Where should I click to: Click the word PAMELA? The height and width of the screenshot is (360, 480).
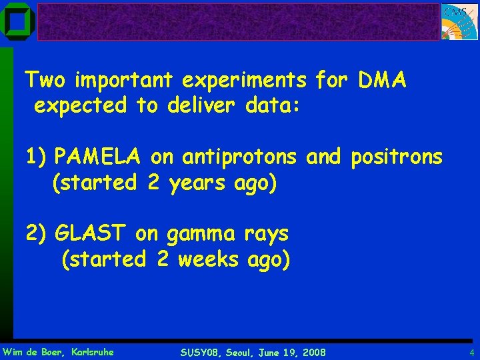click(x=97, y=157)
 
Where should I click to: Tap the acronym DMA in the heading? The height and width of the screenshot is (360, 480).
click(x=382, y=81)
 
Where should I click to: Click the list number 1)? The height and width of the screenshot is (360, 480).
click(x=36, y=157)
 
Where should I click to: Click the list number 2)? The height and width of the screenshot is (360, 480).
click(x=37, y=233)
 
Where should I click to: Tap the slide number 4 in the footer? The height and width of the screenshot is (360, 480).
click(x=471, y=352)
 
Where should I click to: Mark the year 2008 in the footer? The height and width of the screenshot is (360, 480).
click(x=313, y=352)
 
